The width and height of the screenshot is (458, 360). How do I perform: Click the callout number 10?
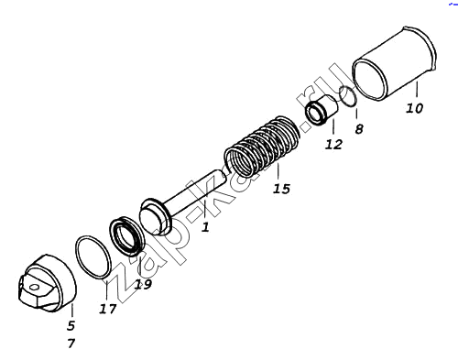point(415,108)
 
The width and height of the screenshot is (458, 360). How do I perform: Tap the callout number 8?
point(359,129)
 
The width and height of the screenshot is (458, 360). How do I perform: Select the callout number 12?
point(333,144)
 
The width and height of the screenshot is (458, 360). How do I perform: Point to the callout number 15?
point(281,189)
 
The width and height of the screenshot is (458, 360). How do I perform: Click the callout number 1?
point(205,227)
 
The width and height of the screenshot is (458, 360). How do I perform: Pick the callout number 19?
point(143,285)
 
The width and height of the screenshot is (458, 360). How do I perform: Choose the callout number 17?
point(108,309)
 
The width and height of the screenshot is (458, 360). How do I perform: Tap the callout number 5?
point(71,326)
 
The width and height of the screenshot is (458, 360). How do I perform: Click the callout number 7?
point(71,344)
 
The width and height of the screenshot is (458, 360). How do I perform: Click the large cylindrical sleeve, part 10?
point(394,64)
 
